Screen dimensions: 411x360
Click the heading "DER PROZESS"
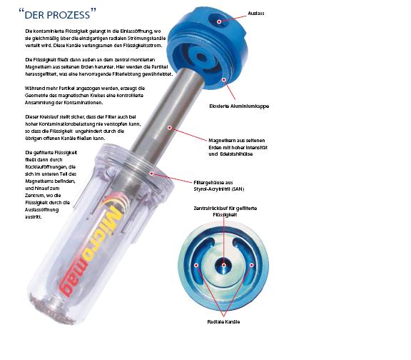(57, 14)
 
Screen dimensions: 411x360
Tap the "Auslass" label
(256, 14)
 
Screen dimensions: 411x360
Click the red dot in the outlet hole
(219, 21)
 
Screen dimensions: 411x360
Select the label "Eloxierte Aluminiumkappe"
(239, 106)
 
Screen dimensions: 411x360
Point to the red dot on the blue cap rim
(224, 79)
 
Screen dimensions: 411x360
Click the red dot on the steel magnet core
(170, 128)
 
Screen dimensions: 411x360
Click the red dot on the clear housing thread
(151, 174)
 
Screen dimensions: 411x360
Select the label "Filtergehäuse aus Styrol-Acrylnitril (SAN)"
(219, 186)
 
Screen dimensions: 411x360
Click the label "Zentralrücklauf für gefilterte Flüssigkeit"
(225, 211)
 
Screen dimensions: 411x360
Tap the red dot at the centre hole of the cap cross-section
(223, 265)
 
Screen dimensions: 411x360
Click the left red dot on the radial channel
(196, 265)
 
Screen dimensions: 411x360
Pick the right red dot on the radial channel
(251, 265)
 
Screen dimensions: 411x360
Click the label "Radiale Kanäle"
(223, 322)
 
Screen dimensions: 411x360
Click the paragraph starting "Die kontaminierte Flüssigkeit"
(96, 39)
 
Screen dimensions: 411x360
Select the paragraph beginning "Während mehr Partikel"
(85, 96)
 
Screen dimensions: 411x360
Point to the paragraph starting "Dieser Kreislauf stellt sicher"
(83, 128)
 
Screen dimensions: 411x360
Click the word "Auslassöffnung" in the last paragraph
(41, 210)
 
